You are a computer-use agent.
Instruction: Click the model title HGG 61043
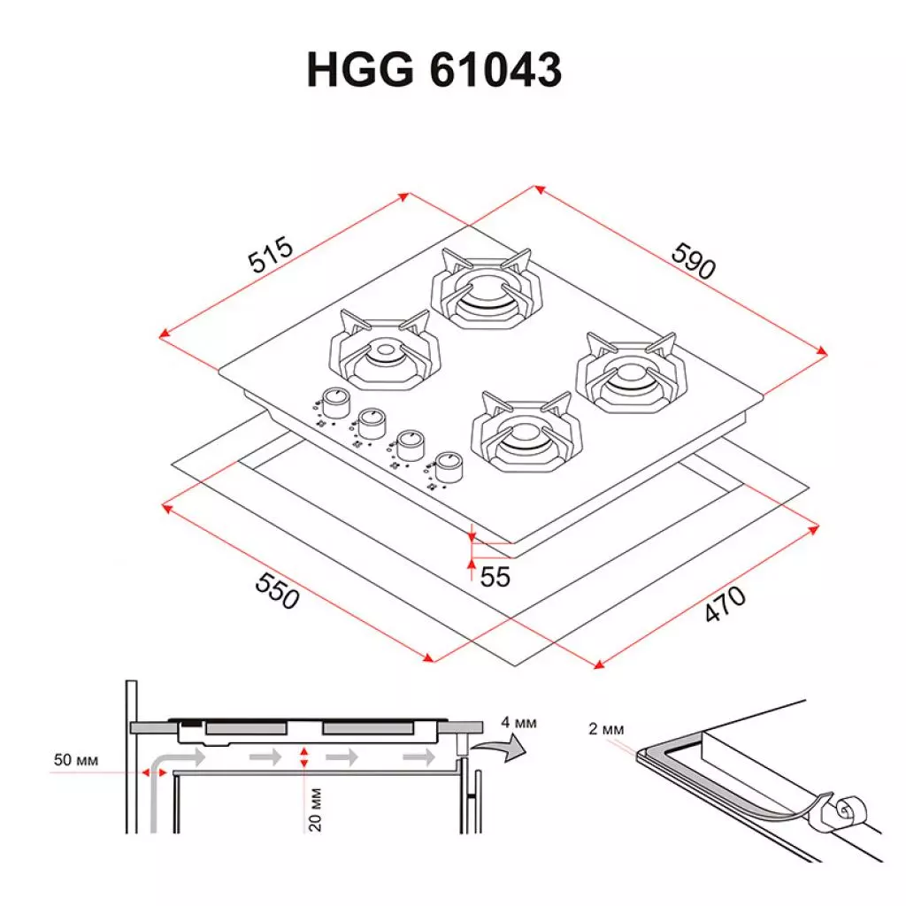[434, 69]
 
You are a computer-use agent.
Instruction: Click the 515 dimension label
[270, 257]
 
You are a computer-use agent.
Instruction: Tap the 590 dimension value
[693, 259]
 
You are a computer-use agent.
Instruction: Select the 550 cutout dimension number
[278, 590]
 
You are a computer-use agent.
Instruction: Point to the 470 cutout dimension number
[725, 605]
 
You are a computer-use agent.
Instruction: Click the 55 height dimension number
[495, 577]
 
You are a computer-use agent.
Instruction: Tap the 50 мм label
[74, 760]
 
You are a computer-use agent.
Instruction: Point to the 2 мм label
[605, 729]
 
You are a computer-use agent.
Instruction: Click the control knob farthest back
[334, 403]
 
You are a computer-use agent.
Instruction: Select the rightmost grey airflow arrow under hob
[418, 757]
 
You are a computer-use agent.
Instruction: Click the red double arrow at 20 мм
[303, 757]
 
